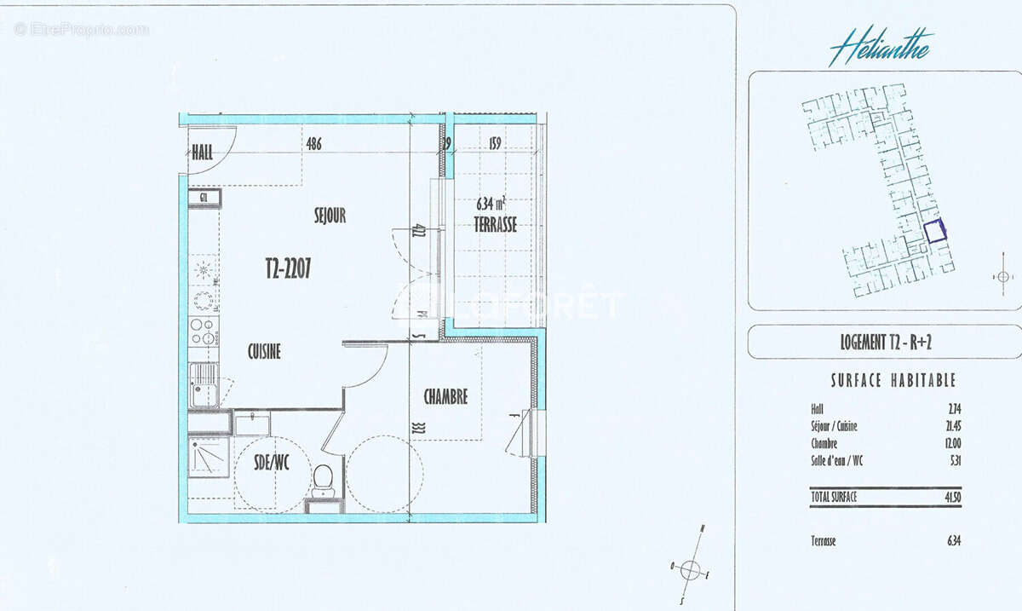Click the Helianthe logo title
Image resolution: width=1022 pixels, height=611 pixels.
[881, 47]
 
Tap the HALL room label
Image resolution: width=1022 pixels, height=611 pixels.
[202, 153]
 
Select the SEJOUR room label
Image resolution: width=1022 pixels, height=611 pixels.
[330, 216]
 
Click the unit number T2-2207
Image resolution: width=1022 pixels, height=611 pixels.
[287, 269]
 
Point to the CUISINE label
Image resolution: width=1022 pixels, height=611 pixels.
[264, 350]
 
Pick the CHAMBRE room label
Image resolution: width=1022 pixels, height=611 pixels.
[445, 397]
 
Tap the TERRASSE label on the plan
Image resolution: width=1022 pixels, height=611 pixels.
[496, 225]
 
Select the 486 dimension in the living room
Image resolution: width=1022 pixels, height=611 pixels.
[313, 144]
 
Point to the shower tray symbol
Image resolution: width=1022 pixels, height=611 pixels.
[209, 458]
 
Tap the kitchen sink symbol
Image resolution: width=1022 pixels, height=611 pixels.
[204, 384]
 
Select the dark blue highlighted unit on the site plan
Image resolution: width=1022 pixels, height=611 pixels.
[934, 232]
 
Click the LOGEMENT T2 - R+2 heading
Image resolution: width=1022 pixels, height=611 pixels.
[883, 343]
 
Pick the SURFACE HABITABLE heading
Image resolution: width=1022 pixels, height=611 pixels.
[893, 381]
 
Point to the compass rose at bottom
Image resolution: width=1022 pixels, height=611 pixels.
[692, 567]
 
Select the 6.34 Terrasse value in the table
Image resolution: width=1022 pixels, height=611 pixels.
[953, 541]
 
